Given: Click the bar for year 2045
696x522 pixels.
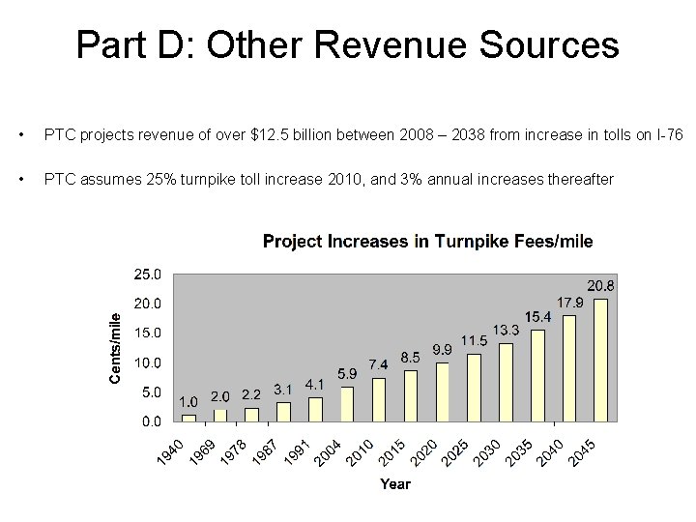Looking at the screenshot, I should pos(600,360).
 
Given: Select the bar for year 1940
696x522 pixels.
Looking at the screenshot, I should pos(189,418).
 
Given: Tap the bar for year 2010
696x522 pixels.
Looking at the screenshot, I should pos(379,399).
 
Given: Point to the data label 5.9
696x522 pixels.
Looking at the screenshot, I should pos(347,373).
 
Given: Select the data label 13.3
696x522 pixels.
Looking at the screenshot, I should pos(506,331).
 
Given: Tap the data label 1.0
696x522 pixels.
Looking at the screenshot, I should pos(188,401).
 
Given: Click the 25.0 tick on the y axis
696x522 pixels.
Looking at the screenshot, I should pos(148,275).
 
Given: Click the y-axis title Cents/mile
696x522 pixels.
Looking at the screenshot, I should pos(115,346).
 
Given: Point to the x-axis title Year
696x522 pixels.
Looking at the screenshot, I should pos(394,483).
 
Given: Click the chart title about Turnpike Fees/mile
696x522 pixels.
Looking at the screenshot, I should pos(427,241).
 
